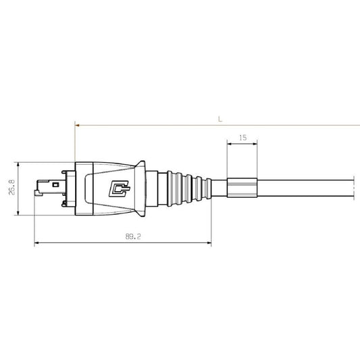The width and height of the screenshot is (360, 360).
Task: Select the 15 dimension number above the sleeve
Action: coord(242,137)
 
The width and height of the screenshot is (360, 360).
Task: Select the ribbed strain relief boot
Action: coord(181,188)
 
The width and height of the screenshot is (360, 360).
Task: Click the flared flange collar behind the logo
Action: coord(143,188)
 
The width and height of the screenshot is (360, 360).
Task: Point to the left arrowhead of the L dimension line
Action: coord(77,125)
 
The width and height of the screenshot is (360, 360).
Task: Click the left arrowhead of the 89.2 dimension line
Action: coord(36,244)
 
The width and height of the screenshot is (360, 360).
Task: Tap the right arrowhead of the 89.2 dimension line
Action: coord(209,244)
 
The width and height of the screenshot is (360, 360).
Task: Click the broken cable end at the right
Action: coord(353,188)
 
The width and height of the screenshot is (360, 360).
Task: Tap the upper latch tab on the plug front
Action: coord(66,174)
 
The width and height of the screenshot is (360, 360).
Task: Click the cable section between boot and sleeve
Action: coord(220,188)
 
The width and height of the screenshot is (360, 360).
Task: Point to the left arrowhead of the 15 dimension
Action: coord(229,144)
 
